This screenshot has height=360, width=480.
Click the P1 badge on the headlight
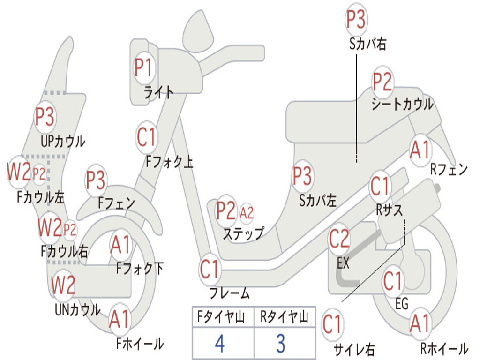click(143, 67)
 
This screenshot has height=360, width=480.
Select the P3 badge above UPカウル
click(45, 117)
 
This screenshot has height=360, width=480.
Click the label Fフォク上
click(169, 161)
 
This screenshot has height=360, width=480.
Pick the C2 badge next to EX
click(339, 239)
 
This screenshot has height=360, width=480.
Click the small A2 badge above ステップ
click(247, 212)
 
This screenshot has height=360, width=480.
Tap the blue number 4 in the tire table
click(220, 344)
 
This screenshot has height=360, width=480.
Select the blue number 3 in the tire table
click(281, 344)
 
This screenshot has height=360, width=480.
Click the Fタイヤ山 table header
click(221, 317)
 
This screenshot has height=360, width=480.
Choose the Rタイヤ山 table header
click(284, 317)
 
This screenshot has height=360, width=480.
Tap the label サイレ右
click(354, 349)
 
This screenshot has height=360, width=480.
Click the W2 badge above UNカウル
click(63, 285)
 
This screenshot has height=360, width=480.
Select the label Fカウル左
click(41, 197)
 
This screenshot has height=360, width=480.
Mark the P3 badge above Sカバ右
click(356, 20)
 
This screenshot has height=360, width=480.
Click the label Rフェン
click(449, 169)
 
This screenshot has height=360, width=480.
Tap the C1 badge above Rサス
click(380, 186)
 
